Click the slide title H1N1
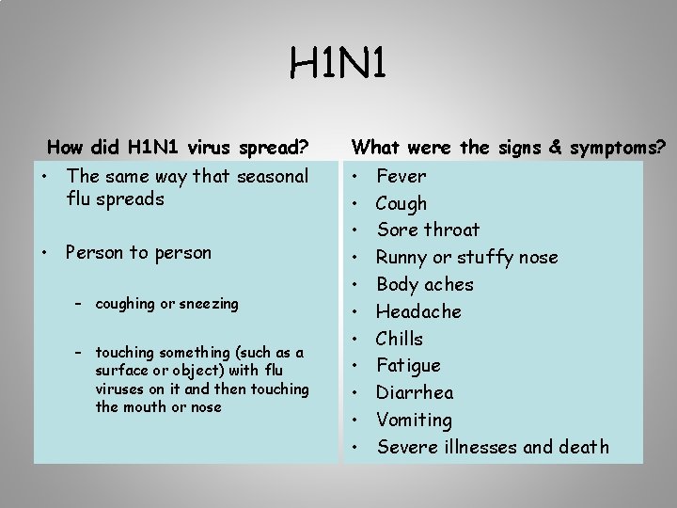338,66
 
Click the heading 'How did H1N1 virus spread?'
178,147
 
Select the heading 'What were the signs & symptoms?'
508,147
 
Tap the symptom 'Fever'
401,176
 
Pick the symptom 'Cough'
401,203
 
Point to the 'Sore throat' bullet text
428,230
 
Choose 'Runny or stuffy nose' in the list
467,257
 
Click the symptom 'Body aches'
425,284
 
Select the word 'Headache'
419,311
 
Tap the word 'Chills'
400,339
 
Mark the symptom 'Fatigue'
408,365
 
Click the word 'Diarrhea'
415,392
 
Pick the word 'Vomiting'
415,420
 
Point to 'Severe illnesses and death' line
493,447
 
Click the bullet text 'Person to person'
139,252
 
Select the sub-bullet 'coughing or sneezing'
167,304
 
